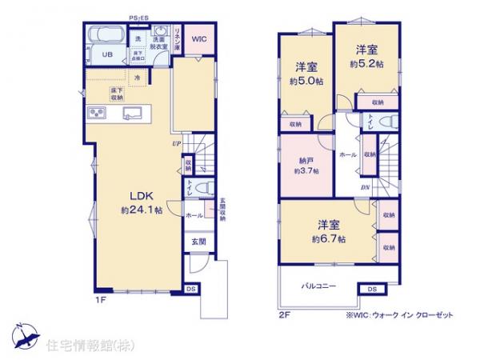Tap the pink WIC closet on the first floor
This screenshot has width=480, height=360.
click(198, 38)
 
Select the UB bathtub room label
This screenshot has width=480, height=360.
click(106, 54)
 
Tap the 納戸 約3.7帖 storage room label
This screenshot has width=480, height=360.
click(306, 164)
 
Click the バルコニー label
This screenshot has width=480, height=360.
click(318, 286)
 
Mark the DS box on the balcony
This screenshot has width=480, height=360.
click(372, 288)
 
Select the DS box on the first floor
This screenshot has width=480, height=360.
click(191, 288)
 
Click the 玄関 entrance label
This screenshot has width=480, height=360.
click(198, 241)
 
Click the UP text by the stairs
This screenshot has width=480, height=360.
click(174, 144)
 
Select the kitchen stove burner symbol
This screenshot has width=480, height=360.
click(96, 111)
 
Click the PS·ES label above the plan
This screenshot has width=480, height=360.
click(139, 17)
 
